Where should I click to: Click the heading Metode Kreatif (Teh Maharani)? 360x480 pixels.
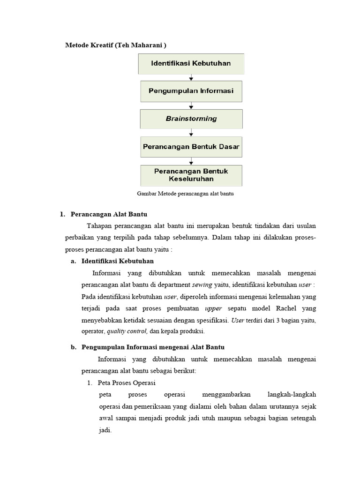[115, 45]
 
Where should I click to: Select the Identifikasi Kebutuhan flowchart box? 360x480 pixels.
[191, 63]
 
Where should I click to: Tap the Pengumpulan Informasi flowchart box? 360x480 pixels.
[191, 91]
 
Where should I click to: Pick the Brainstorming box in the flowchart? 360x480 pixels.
[191, 119]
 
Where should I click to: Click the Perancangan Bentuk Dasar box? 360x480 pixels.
[191, 146]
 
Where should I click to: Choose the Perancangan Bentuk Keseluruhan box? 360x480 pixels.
[191, 175]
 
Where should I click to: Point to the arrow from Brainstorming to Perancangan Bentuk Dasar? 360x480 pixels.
[191, 132]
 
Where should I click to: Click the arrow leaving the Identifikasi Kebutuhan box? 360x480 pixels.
[191, 77]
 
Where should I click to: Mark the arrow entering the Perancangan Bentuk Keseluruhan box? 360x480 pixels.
[191, 161]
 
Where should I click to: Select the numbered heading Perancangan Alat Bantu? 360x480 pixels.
[109, 214]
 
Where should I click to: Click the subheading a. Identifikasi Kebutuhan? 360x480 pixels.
[117, 261]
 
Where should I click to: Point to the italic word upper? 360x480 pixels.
[213, 308]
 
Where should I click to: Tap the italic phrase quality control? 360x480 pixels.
[127, 331]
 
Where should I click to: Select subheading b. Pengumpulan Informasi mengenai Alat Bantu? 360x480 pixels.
[153, 347]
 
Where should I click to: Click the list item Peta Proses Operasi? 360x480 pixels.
[123, 382]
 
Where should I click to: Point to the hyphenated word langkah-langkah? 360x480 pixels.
[291, 394]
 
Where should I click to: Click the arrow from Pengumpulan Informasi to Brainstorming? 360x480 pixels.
[191, 105]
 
